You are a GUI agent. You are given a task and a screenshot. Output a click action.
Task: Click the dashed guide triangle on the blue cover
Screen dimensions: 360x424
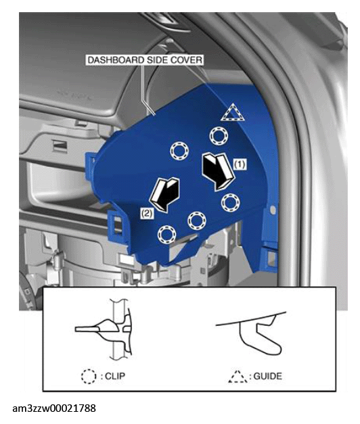click(233, 112)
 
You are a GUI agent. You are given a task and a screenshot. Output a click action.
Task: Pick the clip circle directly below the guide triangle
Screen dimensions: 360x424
click(219, 136)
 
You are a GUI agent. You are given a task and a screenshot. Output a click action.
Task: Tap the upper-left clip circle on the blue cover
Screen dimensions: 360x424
click(179, 151)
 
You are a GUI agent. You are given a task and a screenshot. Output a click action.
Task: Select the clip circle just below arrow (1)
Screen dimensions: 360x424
click(231, 203)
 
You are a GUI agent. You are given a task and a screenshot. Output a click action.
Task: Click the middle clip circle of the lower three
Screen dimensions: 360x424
click(197, 220)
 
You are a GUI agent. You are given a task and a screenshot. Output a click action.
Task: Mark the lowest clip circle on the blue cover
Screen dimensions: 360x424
click(166, 234)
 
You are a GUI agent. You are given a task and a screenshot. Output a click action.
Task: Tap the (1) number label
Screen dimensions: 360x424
click(240, 164)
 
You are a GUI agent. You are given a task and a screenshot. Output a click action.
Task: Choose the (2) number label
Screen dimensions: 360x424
click(147, 213)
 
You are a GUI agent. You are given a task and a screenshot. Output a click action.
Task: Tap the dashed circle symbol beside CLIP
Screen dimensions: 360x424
click(89, 377)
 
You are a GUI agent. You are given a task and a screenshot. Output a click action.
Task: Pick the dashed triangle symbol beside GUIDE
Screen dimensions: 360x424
click(238, 377)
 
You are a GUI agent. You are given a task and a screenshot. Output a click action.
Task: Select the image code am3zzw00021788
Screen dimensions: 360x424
click(54, 408)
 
